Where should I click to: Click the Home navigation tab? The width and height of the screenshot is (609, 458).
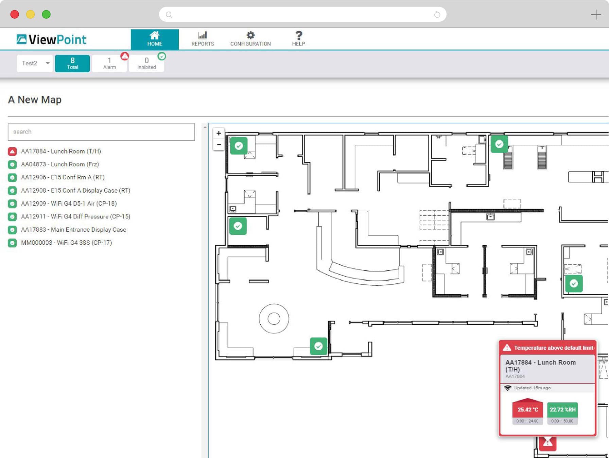pyautogui.click(x=155, y=39)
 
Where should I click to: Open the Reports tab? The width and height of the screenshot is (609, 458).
pyautogui.click(x=203, y=39)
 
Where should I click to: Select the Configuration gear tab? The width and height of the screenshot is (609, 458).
pyautogui.click(x=250, y=39)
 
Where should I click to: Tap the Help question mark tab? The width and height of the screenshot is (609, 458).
pyautogui.click(x=298, y=39)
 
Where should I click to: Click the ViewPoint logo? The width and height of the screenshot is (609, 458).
pyautogui.click(x=51, y=39)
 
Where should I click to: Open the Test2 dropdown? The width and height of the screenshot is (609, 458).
pyautogui.click(x=35, y=63)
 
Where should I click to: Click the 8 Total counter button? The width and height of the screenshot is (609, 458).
pyautogui.click(x=72, y=63)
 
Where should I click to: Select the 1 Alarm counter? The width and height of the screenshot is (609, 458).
pyautogui.click(x=109, y=63)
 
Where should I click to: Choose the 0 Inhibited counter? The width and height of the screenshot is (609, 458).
pyautogui.click(x=146, y=63)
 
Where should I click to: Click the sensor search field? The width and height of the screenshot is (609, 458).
pyautogui.click(x=101, y=132)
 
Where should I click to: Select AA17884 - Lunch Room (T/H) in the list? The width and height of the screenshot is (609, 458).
pyautogui.click(x=61, y=151)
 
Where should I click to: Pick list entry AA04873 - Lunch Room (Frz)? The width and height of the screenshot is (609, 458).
pyautogui.click(x=60, y=164)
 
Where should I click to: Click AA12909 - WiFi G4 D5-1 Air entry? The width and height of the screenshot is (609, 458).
pyautogui.click(x=69, y=204)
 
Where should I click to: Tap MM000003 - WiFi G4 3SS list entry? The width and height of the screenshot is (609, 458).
pyautogui.click(x=66, y=243)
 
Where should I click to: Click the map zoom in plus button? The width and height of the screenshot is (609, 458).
pyautogui.click(x=219, y=133)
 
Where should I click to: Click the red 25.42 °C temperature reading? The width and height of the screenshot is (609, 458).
pyautogui.click(x=527, y=409)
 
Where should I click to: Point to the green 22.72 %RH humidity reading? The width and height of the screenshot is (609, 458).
pyautogui.click(x=562, y=409)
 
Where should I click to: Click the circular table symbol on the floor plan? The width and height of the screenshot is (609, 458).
pyautogui.click(x=274, y=319)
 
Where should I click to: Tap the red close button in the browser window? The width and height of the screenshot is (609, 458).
pyautogui.click(x=15, y=14)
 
